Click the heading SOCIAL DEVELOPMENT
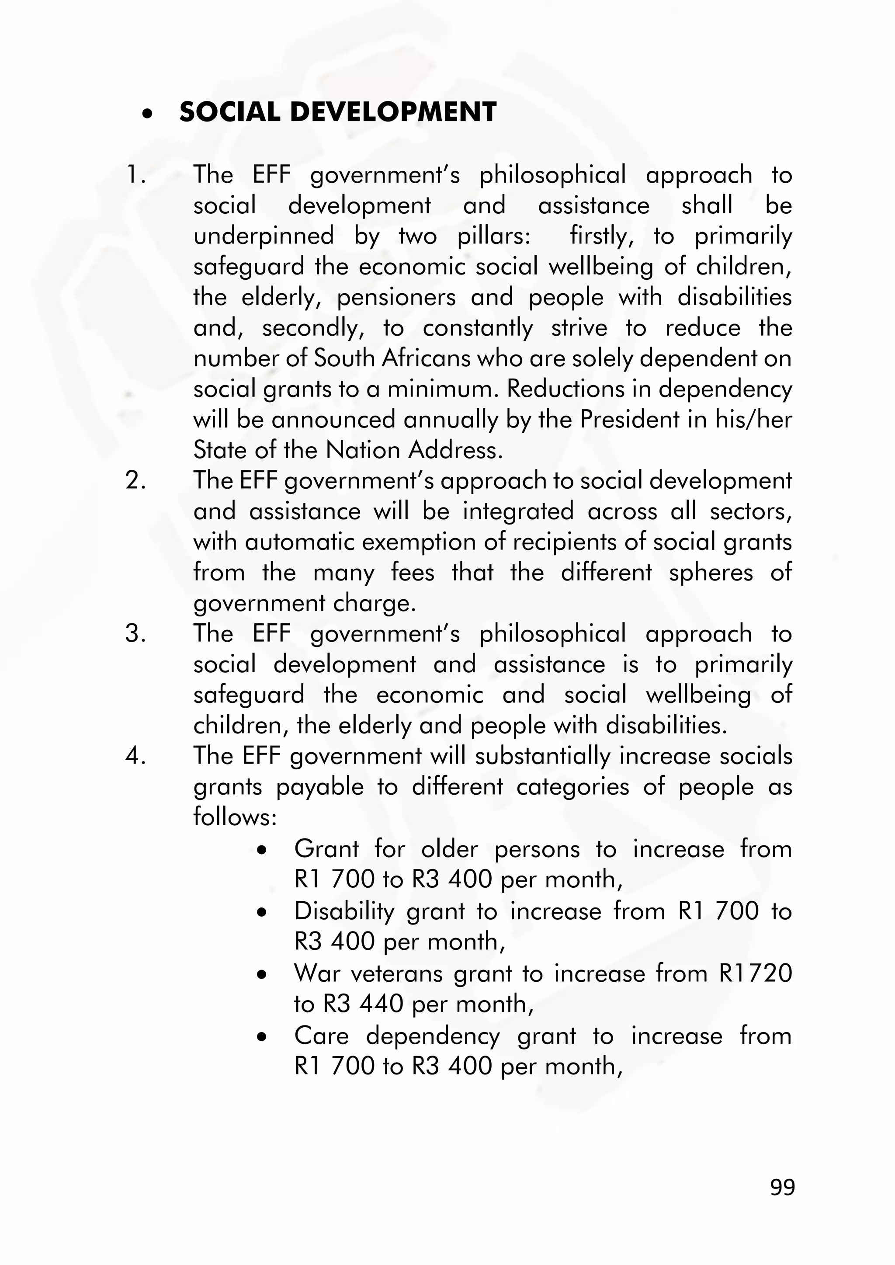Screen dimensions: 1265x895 [337, 112]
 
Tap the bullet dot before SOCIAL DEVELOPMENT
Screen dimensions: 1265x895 [146, 114]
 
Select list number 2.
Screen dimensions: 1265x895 [135, 481]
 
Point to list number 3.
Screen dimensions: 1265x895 [135, 633]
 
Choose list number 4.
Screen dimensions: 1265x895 [135, 756]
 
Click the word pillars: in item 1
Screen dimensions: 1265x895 [494, 236]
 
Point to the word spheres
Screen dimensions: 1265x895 [711, 573]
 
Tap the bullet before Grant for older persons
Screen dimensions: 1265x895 [262, 850]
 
